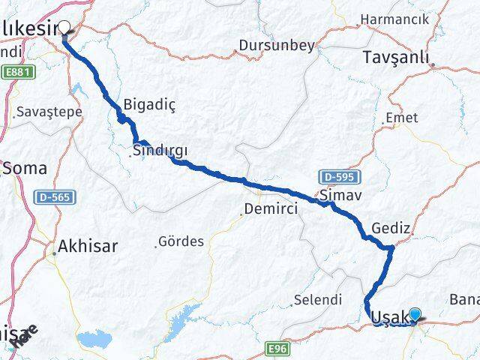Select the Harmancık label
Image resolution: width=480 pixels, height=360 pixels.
click(x=394, y=18)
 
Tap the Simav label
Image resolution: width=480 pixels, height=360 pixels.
click(x=334, y=195)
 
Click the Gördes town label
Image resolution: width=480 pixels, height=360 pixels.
click(x=181, y=241)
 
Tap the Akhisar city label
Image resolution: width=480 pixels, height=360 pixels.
click(x=88, y=245)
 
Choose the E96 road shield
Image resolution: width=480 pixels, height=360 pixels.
click(x=277, y=349)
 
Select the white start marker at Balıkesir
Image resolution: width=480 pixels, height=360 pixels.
click(x=64, y=28)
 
